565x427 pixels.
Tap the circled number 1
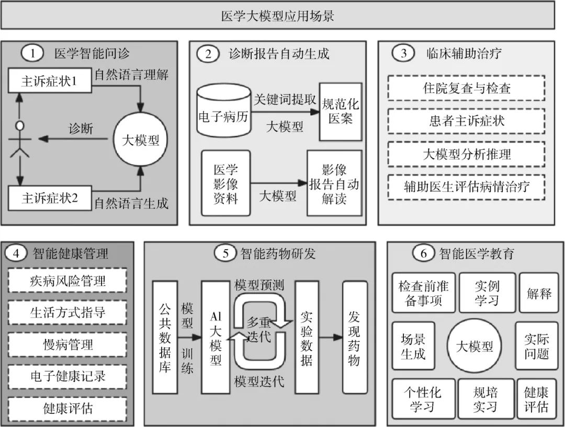33,53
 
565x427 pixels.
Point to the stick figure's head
20,125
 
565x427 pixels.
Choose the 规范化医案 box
340,111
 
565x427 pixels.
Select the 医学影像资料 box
225,183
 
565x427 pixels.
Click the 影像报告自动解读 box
334,183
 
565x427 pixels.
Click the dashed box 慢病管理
68,344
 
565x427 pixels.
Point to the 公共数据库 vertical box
165,338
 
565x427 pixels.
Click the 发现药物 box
354,338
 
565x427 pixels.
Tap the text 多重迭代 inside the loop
259,329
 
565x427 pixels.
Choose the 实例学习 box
487,293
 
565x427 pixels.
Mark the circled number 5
225,253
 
